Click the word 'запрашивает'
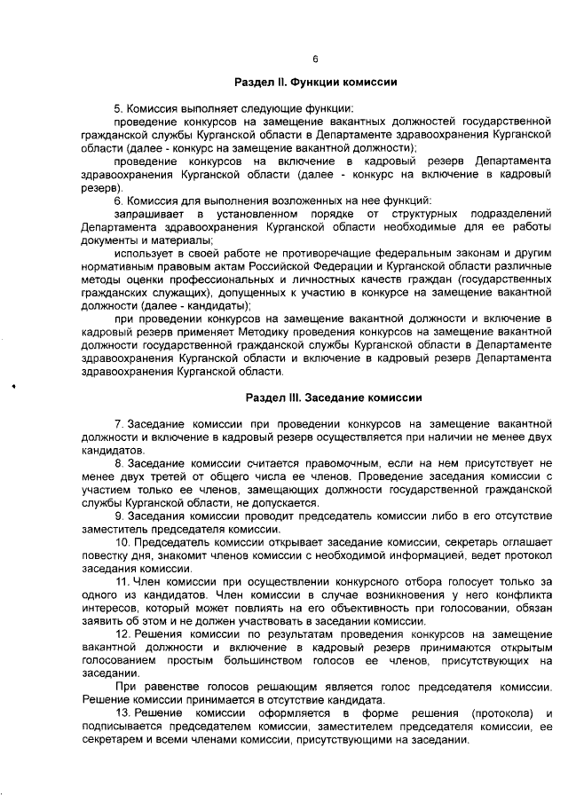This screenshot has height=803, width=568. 146,214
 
